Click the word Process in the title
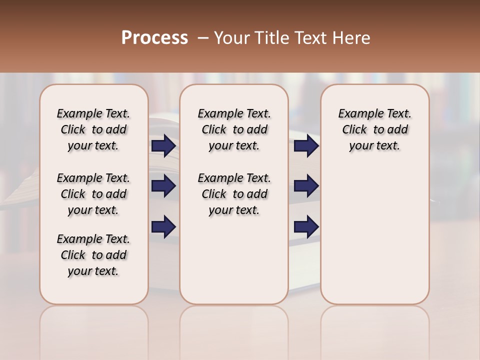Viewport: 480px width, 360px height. click(x=154, y=38)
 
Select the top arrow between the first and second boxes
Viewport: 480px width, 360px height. click(x=163, y=146)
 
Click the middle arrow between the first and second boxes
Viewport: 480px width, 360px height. click(x=163, y=186)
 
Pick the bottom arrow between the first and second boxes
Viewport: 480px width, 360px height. click(x=163, y=226)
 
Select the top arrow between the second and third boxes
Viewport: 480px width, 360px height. click(x=306, y=146)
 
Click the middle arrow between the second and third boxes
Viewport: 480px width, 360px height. click(x=306, y=186)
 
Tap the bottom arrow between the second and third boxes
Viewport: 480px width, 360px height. click(x=306, y=226)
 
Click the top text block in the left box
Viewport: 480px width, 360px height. click(x=93, y=129)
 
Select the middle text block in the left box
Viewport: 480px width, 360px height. click(x=93, y=194)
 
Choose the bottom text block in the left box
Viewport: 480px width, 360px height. click(x=93, y=255)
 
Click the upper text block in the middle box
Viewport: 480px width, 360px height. click(x=234, y=129)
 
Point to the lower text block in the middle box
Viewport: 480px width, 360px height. click(x=234, y=194)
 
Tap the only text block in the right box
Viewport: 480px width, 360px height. click(x=374, y=129)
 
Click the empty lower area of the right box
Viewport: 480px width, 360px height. click(x=374, y=235)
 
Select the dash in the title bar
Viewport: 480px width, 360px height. click(x=203, y=38)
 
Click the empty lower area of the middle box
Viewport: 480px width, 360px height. click(x=234, y=260)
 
